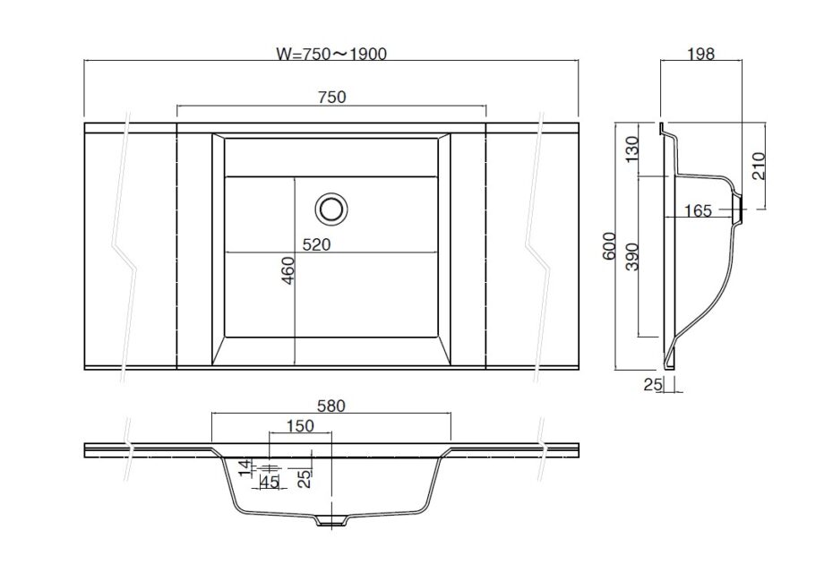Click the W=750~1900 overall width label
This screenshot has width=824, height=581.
(x=331, y=54)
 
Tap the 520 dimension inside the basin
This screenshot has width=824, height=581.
(x=316, y=244)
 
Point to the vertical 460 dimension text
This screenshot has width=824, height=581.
(x=288, y=270)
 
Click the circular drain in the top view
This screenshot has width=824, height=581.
(x=330, y=209)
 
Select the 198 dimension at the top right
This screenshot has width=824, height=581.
(x=702, y=54)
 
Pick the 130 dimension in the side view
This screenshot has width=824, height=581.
(x=632, y=150)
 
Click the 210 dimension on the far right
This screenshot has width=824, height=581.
(x=759, y=166)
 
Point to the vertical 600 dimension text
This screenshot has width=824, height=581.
(x=609, y=246)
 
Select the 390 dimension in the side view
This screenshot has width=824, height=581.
(x=632, y=258)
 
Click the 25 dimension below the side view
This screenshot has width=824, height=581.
(x=651, y=385)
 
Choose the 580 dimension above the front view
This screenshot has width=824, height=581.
(x=330, y=406)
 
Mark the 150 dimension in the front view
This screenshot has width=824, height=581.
(x=300, y=426)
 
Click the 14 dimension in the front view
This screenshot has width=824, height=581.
(x=243, y=467)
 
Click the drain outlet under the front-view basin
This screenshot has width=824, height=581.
(x=331, y=521)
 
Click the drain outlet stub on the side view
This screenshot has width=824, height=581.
(x=740, y=211)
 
